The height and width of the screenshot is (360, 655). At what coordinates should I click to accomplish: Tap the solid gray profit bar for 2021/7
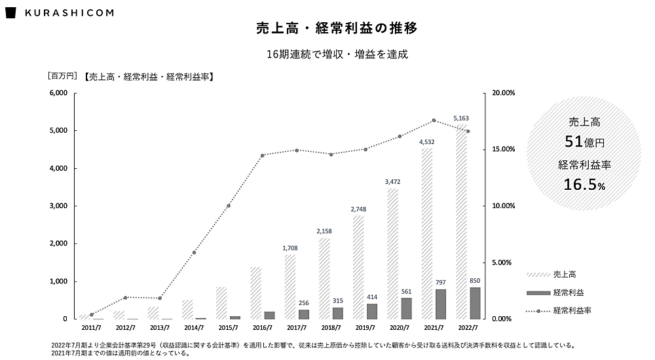(x=441, y=304)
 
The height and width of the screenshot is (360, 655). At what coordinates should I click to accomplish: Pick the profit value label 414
(x=372, y=297)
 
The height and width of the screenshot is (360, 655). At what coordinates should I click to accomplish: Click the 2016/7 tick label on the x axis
(x=261, y=327)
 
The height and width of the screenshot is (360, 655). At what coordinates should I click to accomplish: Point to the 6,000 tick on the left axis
(x=58, y=93)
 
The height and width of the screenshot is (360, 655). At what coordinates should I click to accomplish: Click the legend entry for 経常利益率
(x=572, y=311)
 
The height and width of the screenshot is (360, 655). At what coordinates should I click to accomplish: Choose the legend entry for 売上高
(x=565, y=274)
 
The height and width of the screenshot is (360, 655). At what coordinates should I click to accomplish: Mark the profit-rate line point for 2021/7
(x=434, y=120)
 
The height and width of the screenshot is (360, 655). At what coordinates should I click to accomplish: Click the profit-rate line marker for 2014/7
(x=194, y=253)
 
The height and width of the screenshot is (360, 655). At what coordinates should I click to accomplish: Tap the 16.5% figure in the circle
(x=584, y=186)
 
